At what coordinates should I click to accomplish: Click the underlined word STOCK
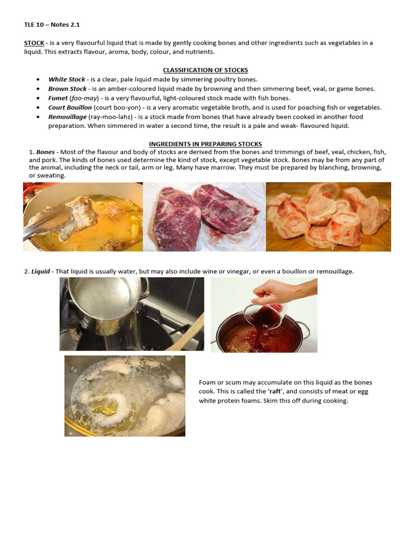(34, 43)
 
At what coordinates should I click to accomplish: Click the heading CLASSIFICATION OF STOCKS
(205, 70)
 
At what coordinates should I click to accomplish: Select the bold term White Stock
(67, 79)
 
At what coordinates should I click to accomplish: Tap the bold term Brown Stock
(67, 89)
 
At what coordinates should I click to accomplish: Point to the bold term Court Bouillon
(70, 107)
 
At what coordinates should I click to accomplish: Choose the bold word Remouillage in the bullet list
(67, 117)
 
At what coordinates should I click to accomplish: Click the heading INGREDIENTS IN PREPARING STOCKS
(205, 144)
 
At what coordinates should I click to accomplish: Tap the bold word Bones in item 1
(45, 152)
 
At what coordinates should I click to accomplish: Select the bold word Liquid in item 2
(41, 272)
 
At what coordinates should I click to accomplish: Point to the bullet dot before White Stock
(39, 80)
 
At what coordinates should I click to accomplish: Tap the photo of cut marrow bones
(328, 216)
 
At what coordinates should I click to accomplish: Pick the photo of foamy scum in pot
(125, 395)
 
